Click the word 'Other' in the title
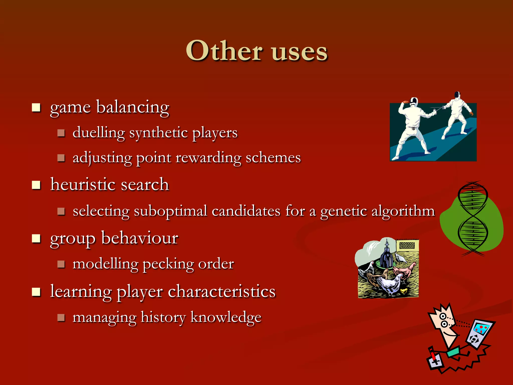pos(224,51)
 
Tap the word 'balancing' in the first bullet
pos(133,107)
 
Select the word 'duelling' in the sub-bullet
pos(99,133)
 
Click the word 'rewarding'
pos(208,158)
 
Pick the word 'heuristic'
pos(83,184)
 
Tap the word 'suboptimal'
pos(170,211)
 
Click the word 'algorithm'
pos(403,211)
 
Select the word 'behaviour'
pos(140,238)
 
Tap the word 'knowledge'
pos(226,317)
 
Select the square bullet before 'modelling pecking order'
pos(61,264)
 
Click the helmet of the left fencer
pos(414,101)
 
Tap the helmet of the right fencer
pos(457,95)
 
